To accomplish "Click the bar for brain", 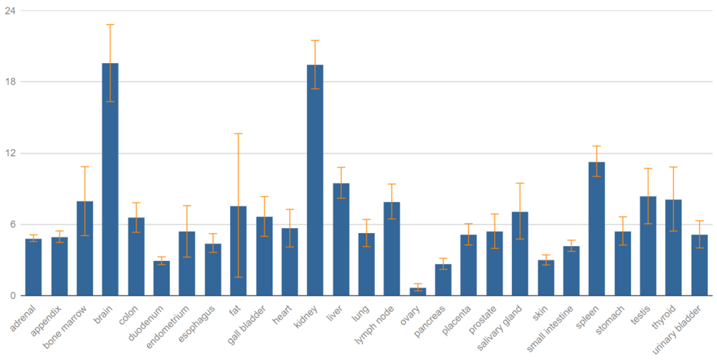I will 110,179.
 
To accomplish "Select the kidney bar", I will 315,180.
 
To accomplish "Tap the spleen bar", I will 597,229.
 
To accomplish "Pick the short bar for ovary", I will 417,292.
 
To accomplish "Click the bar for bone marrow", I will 85,248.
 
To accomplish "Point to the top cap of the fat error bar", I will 238,134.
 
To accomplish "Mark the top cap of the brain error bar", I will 110,24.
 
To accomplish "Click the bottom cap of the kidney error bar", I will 315,89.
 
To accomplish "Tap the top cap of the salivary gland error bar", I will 520,184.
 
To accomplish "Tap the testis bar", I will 648,245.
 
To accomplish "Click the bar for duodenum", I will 161,278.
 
